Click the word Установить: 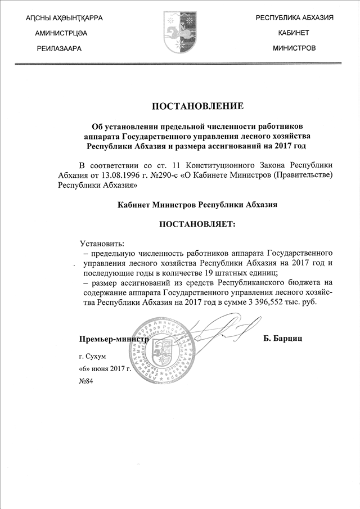point(102,244)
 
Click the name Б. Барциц point(287,339)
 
